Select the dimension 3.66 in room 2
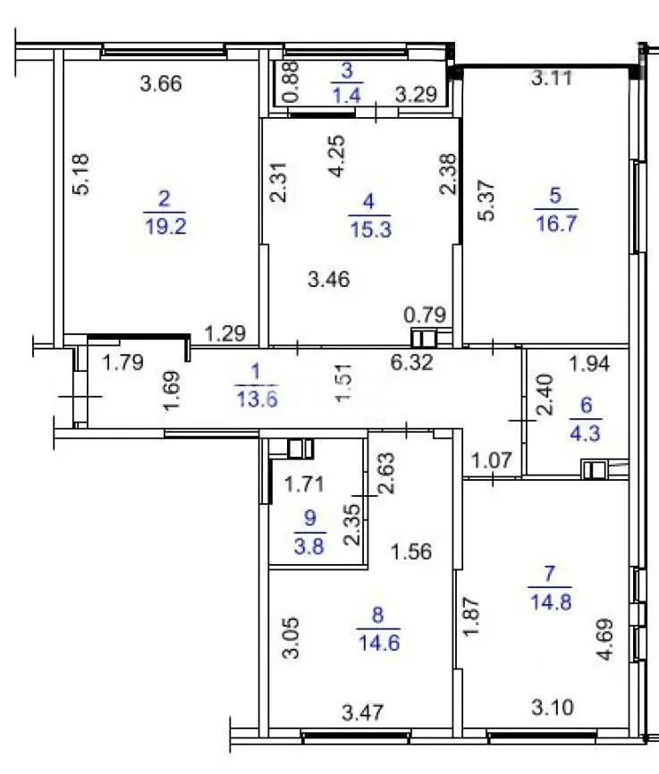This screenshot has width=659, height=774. coord(162,86)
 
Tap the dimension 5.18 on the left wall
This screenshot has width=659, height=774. coord(81,175)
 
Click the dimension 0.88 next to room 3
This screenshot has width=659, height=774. coord(290,83)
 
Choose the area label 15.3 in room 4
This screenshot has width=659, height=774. coord(367,231)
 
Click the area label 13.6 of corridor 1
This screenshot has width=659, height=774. coord(254,400)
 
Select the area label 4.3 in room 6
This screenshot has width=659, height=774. coord(587,427)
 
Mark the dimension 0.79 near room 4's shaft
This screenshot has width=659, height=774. coord(422,315)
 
